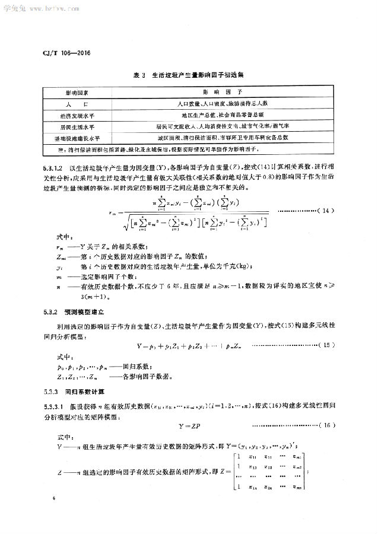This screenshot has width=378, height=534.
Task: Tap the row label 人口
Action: click(77, 104)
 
